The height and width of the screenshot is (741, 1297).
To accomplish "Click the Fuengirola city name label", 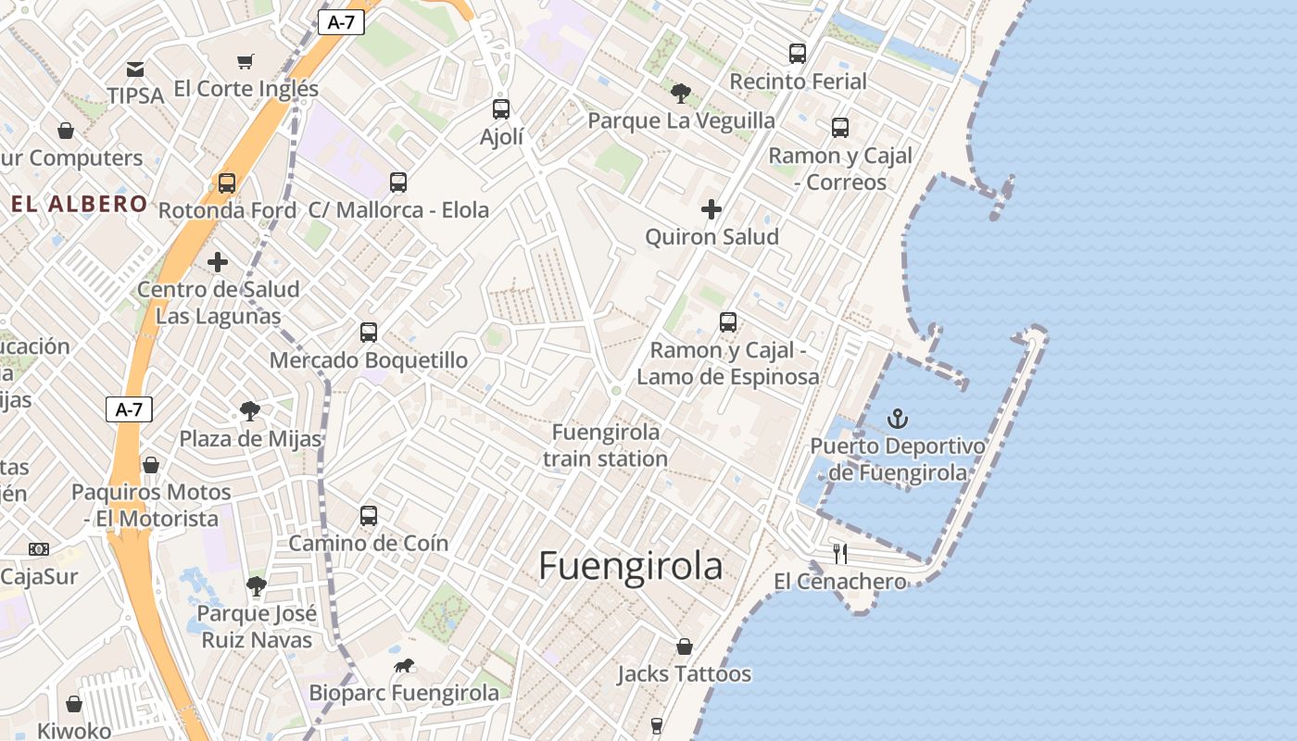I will [630, 566].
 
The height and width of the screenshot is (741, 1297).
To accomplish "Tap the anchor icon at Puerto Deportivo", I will [897, 419].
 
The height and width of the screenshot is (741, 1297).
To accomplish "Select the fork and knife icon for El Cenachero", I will [840, 554].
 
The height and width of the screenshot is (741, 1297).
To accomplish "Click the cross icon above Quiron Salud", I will [711, 209].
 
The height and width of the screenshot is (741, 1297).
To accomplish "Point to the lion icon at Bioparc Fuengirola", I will [404, 665].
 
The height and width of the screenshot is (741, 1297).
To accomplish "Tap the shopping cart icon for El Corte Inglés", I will [246, 62].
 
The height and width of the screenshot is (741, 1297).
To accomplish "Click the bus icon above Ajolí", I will [501, 109].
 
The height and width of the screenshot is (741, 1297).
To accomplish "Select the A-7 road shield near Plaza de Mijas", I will [129, 409].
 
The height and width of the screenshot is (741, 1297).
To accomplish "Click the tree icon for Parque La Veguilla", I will [681, 93].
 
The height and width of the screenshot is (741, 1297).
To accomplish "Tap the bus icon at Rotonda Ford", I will [227, 183].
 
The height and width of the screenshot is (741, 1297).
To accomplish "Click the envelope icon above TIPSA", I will [135, 69].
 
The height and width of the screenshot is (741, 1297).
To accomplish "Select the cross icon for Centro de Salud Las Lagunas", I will [218, 262].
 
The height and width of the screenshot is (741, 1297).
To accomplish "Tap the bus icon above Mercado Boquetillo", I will [369, 332].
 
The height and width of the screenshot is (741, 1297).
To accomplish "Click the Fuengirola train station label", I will [606, 446].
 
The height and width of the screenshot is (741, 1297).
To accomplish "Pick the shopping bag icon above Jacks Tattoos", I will [685, 647].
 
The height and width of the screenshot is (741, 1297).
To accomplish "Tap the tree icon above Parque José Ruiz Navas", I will [257, 585].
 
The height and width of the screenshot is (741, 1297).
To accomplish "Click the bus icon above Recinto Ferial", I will [798, 54].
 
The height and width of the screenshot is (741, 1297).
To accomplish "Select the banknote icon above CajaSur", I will [39, 549].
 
